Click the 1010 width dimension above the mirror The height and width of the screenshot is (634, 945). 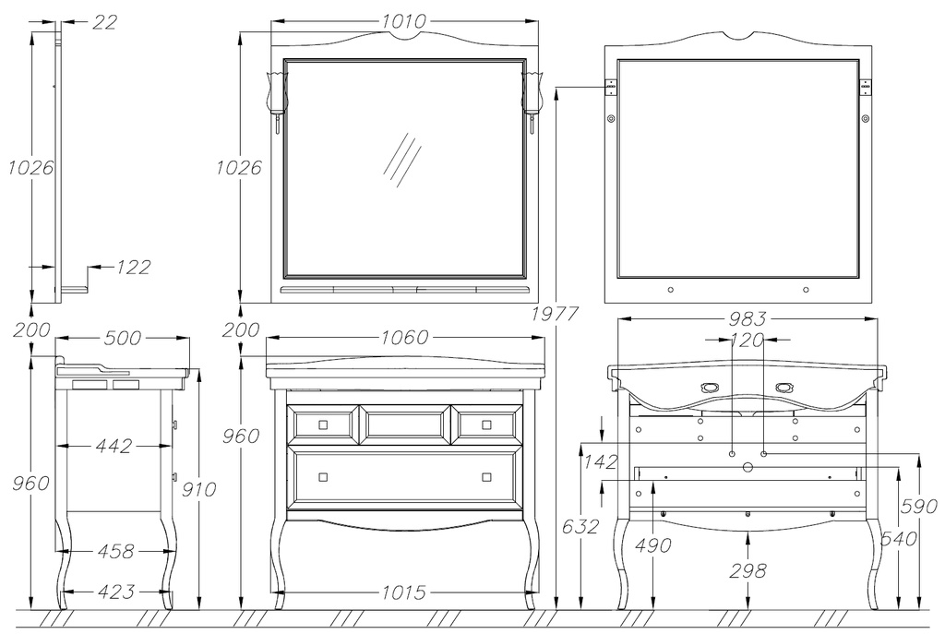coord(404,21)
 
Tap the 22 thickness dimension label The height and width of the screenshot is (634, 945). coord(104,22)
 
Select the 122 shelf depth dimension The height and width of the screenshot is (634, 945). coord(133,267)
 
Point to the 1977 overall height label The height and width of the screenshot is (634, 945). coord(555,314)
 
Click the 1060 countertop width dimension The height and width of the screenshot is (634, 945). coord(404,338)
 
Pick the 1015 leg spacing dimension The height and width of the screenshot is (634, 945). coord(404,592)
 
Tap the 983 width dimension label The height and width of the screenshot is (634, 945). coord(748,318)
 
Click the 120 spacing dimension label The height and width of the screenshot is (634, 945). coord(748,340)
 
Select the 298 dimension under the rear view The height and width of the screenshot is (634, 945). coord(748,570)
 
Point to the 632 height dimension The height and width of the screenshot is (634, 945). coord(580,526)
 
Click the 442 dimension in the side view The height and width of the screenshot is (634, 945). coord(114,446)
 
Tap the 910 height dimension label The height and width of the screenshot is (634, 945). coord(199,489)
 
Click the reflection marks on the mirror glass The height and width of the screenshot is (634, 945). coord(402,160)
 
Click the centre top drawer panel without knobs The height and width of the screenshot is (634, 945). coord(404,425)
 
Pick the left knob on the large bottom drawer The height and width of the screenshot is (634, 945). coord(323,477)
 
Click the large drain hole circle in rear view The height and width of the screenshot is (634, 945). coord(748,467)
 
